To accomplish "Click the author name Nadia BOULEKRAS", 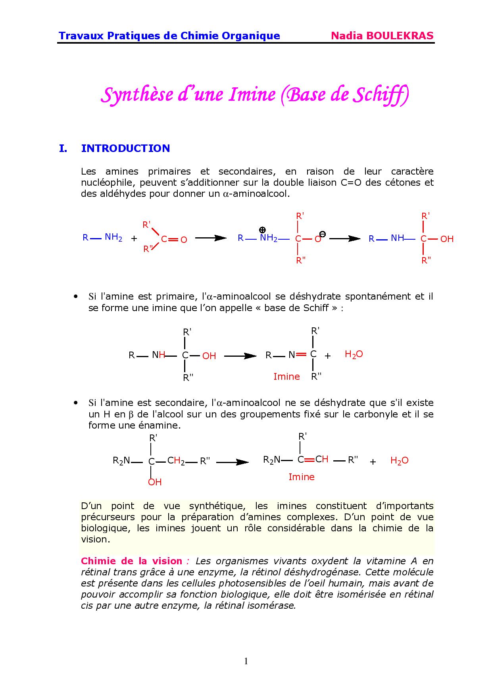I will point(382,36).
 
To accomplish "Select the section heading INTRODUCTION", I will point(125,148).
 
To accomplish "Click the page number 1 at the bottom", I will point(246,661).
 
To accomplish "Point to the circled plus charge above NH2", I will point(262,230).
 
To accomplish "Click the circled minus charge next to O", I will point(323,234).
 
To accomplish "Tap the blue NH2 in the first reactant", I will point(113,238).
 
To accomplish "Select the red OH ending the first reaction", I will point(447,239).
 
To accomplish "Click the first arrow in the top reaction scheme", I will point(211,238).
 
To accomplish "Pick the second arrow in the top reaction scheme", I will point(345,238).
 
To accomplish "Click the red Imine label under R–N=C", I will point(286,377).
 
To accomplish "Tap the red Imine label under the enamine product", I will point(301,477).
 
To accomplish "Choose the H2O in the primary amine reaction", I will point(354,354).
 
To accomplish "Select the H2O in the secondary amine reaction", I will point(399,461).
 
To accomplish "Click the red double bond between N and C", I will point(302,354).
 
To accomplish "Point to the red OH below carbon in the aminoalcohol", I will point(155,482).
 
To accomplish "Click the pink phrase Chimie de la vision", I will point(131,561).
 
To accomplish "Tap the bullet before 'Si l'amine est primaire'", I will point(75,297).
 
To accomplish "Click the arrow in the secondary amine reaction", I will point(233,462).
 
